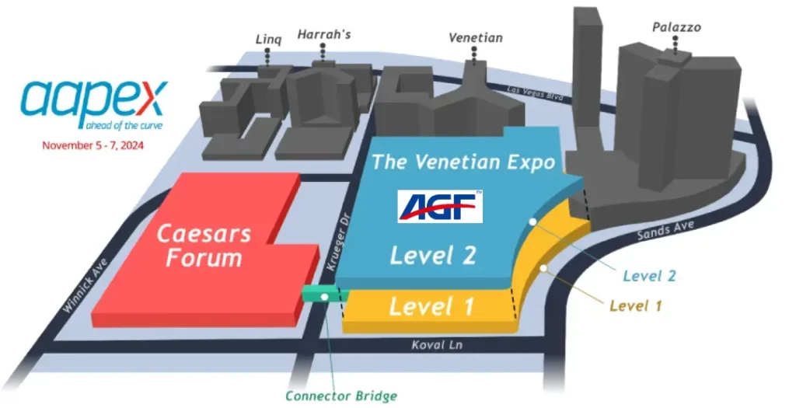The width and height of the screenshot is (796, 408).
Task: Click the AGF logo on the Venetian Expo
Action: (x=440, y=207)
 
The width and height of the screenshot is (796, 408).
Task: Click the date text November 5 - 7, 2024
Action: (x=93, y=145)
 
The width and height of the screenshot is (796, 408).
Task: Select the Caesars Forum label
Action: (x=204, y=246)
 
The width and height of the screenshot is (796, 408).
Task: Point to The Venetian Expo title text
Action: (x=463, y=162)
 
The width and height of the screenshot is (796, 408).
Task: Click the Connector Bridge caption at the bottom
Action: (x=341, y=396)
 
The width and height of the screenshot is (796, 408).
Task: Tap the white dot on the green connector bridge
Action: (x=324, y=297)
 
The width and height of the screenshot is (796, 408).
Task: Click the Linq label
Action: (x=268, y=40)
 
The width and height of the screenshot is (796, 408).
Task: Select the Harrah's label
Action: (x=324, y=34)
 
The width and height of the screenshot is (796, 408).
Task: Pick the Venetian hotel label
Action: (x=476, y=37)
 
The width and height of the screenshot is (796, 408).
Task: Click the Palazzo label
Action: (x=676, y=27)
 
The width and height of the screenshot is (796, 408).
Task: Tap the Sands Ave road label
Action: (x=665, y=230)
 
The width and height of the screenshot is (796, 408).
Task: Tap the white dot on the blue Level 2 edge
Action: (x=532, y=221)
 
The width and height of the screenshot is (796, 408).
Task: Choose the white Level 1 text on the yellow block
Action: (x=431, y=306)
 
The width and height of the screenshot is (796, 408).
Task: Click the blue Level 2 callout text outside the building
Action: (x=649, y=276)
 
